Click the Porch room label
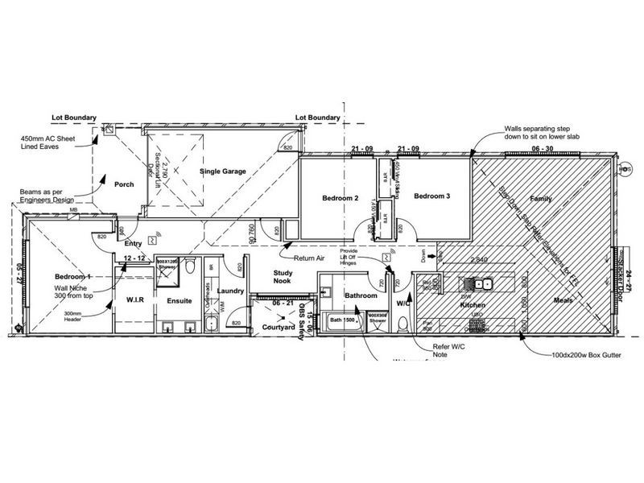(x=124, y=184)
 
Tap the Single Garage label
(x=223, y=171)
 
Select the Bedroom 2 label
(x=340, y=197)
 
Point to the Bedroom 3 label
(x=432, y=196)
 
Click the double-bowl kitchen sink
(x=481, y=283)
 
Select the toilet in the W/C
(x=403, y=321)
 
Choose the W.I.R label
(x=135, y=300)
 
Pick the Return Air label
(x=308, y=258)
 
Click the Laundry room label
(x=231, y=290)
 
